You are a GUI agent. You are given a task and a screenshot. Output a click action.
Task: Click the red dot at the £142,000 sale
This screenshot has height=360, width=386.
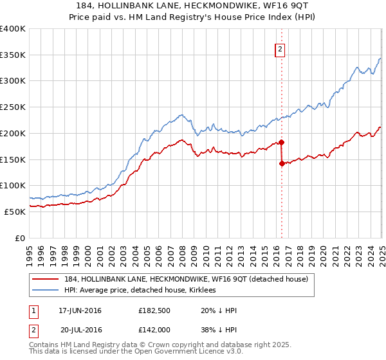[282, 163]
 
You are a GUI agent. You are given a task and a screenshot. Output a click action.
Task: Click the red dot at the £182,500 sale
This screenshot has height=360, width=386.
[281, 142]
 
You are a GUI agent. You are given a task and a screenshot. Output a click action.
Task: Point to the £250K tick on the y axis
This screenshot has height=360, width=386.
[13, 107]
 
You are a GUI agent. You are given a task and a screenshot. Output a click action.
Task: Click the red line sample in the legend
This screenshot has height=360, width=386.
[46, 279]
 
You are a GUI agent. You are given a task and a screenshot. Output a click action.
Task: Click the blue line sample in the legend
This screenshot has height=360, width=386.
[46, 290]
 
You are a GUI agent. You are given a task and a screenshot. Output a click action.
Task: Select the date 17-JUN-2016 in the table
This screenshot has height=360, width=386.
[80, 311]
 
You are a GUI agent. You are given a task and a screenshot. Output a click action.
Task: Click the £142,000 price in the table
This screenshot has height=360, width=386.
[154, 329]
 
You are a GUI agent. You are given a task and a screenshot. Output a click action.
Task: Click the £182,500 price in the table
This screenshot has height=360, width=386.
[154, 311]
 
